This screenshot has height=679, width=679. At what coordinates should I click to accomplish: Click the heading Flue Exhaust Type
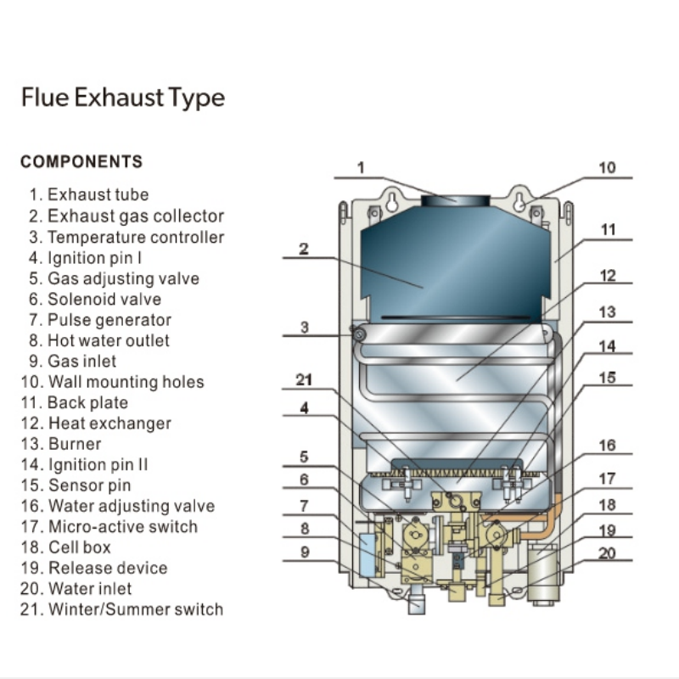pyautogui.click(x=123, y=98)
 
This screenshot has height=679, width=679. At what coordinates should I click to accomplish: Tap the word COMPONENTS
pyautogui.click(x=81, y=161)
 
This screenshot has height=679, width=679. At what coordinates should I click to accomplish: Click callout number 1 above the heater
pyautogui.click(x=361, y=167)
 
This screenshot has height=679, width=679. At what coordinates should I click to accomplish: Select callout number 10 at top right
pyautogui.click(x=607, y=167)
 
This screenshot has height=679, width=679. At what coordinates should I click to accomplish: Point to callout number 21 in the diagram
pyautogui.click(x=305, y=380)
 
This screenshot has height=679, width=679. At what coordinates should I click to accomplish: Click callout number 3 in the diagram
pyautogui.click(x=305, y=327)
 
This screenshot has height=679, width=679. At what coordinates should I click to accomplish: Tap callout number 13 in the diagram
pyautogui.click(x=607, y=312)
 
